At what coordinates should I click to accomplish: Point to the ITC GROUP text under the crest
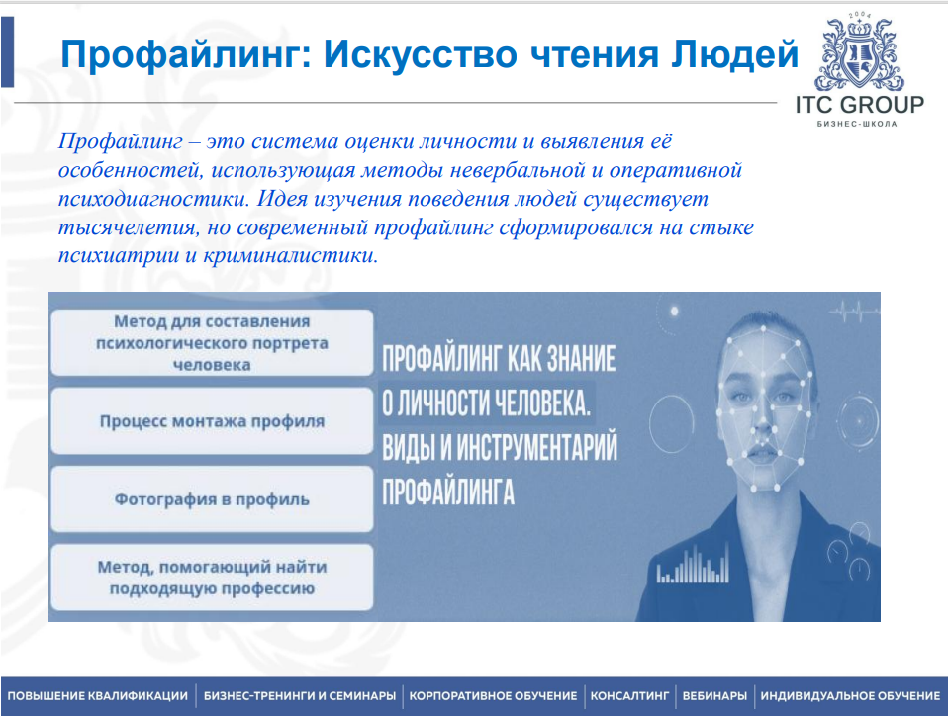click(x=859, y=105)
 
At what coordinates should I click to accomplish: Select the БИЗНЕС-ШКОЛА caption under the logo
click(x=859, y=126)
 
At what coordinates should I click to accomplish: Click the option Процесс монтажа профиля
click(x=212, y=420)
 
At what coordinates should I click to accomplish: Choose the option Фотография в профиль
click(x=212, y=498)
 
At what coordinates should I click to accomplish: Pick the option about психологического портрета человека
click(x=212, y=342)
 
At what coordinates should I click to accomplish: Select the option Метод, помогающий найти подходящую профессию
click(x=212, y=578)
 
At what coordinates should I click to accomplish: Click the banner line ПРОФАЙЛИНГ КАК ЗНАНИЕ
click(x=499, y=358)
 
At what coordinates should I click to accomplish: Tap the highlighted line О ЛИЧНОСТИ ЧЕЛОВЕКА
click(x=486, y=403)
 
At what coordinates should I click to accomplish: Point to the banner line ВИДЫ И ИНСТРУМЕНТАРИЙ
click(x=500, y=448)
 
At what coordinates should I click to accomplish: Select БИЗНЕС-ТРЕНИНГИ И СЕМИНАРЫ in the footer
click(x=300, y=696)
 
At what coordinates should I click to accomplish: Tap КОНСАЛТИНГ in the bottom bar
click(x=631, y=696)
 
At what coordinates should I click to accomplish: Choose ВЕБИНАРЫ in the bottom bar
click(x=713, y=696)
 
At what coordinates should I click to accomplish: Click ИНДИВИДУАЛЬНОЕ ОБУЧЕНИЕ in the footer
click(x=850, y=696)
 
